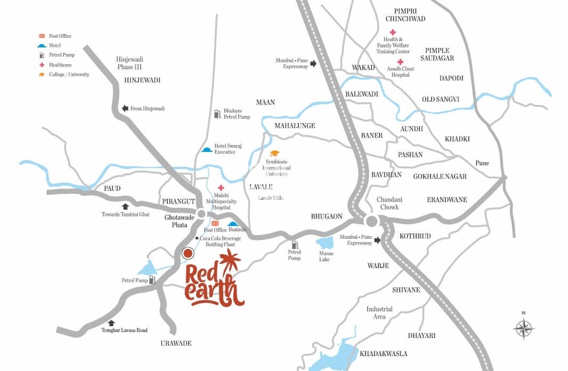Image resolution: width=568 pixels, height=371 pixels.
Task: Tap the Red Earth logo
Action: tap(214, 280)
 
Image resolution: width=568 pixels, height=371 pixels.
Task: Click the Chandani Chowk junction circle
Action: tap(372, 221)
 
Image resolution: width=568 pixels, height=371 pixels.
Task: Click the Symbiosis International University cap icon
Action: tap(274, 154)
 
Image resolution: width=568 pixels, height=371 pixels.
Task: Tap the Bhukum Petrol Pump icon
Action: tap(217, 114)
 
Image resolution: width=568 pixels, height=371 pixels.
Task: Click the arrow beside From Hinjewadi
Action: tap(125, 108)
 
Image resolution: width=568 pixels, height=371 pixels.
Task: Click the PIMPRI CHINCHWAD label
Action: tap(409, 15)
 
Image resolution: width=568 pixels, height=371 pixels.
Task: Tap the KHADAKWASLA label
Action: tap(383, 353)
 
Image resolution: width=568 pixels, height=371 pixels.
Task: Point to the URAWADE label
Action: tap(176, 343)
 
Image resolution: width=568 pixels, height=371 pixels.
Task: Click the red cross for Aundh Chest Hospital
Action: tap(400, 62)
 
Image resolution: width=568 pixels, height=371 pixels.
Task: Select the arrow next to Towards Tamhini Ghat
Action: tap(125, 206)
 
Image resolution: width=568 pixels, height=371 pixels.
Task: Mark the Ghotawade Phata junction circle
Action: tap(201, 214)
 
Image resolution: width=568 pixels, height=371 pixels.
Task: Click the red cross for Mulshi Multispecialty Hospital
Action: tap(221, 188)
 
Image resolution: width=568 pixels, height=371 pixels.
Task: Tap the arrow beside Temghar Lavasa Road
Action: tap(111, 322)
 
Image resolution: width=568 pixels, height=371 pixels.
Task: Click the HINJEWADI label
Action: tap(142, 80)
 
